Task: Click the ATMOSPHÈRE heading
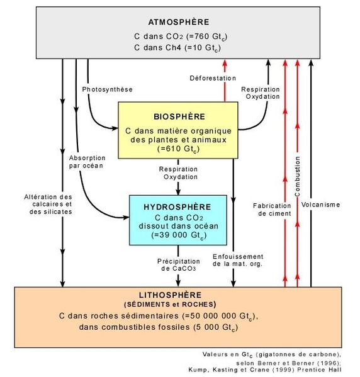pos(179,22)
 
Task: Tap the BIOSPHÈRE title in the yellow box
pos(179,116)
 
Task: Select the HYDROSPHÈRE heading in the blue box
pos(177,207)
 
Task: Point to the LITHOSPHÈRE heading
pos(171,295)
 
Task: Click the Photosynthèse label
pos(107,89)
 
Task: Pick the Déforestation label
pos(213,78)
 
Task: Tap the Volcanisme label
pos(321,205)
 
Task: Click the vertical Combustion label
pos(298,176)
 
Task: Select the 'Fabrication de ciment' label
pos(273,210)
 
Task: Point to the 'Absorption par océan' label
pos(87,162)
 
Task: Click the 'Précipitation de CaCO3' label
pos(179,265)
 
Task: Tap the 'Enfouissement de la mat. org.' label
pos(238,260)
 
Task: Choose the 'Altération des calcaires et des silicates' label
pos(48,205)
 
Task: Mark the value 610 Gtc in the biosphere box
pos(179,149)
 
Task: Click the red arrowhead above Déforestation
pos(225,63)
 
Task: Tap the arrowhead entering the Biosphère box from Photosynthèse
pos(115,128)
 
